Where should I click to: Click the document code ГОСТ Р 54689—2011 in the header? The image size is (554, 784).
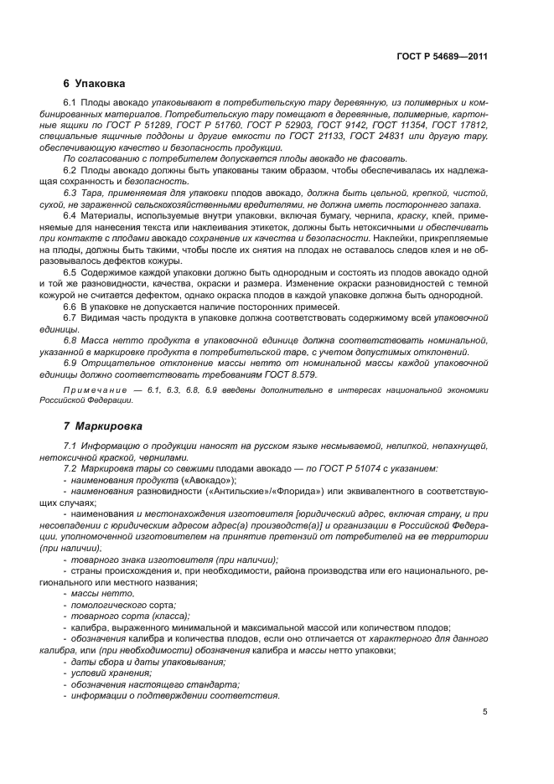(442, 57)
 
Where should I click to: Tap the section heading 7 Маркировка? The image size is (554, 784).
(102, 426)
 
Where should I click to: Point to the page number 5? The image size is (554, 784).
(485, 713)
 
